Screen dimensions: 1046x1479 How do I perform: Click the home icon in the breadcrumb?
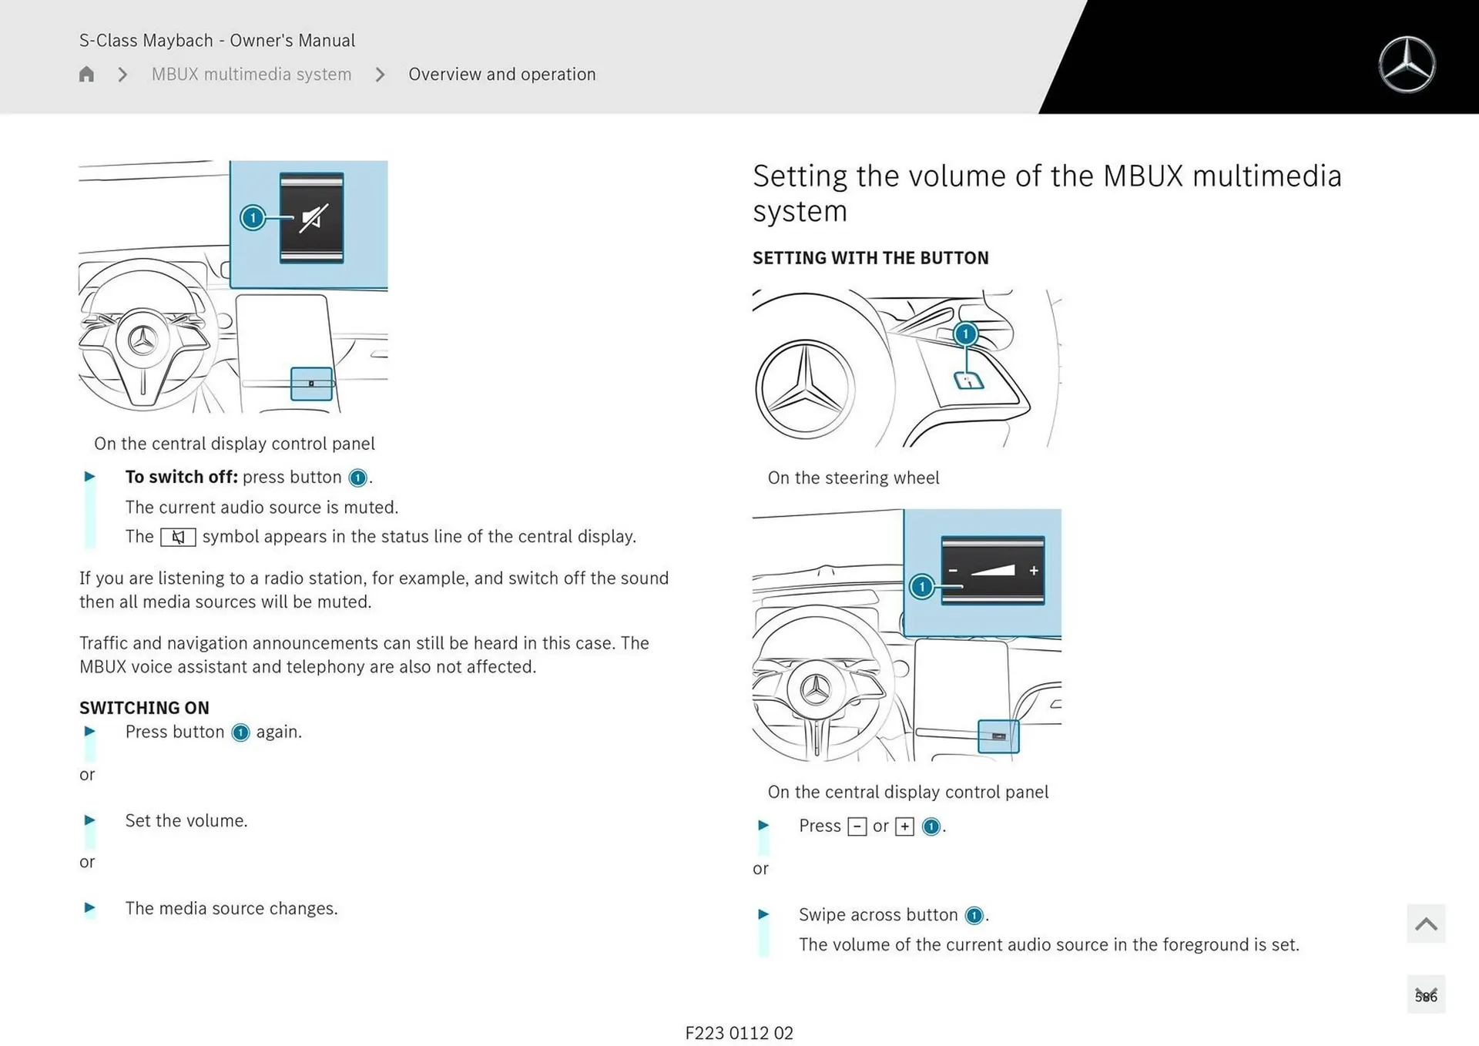tap(86, 75)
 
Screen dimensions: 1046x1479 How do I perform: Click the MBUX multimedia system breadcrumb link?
tap(251, 75)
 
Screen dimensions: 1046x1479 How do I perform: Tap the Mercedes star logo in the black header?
tap(1407, 65)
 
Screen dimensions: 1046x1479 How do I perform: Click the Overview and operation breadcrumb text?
tap(501, 75)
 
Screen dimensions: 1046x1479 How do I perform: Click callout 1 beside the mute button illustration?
tap(253, 218)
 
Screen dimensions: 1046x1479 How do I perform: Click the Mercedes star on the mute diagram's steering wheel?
tap(143, 340)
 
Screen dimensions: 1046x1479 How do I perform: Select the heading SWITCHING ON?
tap(144, 707)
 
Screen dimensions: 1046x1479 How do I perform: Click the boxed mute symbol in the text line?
tap(178, 537)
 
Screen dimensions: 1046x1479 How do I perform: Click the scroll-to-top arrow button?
tap(1425, 924)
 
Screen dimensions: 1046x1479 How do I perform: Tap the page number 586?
tap(1425, 996)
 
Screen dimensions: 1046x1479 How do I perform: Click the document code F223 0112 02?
tap(739, 1033)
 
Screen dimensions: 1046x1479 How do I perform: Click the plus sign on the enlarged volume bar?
tap(1034, 571)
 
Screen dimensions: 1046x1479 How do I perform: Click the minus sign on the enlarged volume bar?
tap(953, 571)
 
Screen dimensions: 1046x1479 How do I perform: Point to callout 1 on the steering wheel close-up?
tap(965, 334)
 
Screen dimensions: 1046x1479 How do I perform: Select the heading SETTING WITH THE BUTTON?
tap(870, 258)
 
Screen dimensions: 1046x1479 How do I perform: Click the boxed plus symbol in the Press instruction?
tap(904, 826)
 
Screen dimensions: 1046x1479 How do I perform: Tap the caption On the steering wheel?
tap(854, 478)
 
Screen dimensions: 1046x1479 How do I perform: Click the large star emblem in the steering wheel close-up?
tap(805, 388)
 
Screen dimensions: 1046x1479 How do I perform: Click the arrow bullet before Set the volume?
tap(89, 820)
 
